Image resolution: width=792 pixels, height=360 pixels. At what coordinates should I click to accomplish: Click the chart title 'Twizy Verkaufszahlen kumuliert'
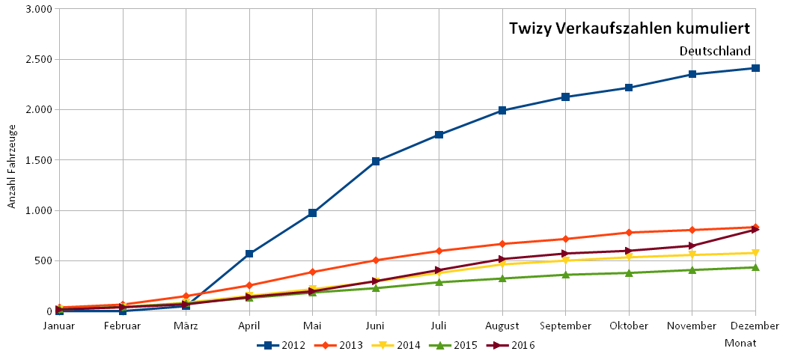click(629, 28)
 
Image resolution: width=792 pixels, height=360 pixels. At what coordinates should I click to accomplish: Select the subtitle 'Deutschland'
click(714, 51)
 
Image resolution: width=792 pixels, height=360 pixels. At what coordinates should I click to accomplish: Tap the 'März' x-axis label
click(186, 326)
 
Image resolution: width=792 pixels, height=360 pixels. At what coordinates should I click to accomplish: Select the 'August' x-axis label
click(502, 326)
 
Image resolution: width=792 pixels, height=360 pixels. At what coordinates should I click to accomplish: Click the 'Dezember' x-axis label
click(756, 326)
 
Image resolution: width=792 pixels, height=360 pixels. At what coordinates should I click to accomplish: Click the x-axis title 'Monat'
click(740, 343)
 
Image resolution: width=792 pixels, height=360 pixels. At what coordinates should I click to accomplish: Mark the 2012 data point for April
click(249, 254)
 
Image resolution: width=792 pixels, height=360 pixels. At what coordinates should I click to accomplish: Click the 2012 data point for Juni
click(376, 161)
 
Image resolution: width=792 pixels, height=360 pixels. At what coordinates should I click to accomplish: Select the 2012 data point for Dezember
click(756, 68)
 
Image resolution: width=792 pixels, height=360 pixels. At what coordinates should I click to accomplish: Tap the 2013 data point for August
click(502, 244)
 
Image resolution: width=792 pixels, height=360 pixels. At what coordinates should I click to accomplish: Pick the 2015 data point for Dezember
click(756, 267)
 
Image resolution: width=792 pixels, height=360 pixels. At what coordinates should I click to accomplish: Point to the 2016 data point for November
click(692, 245)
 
